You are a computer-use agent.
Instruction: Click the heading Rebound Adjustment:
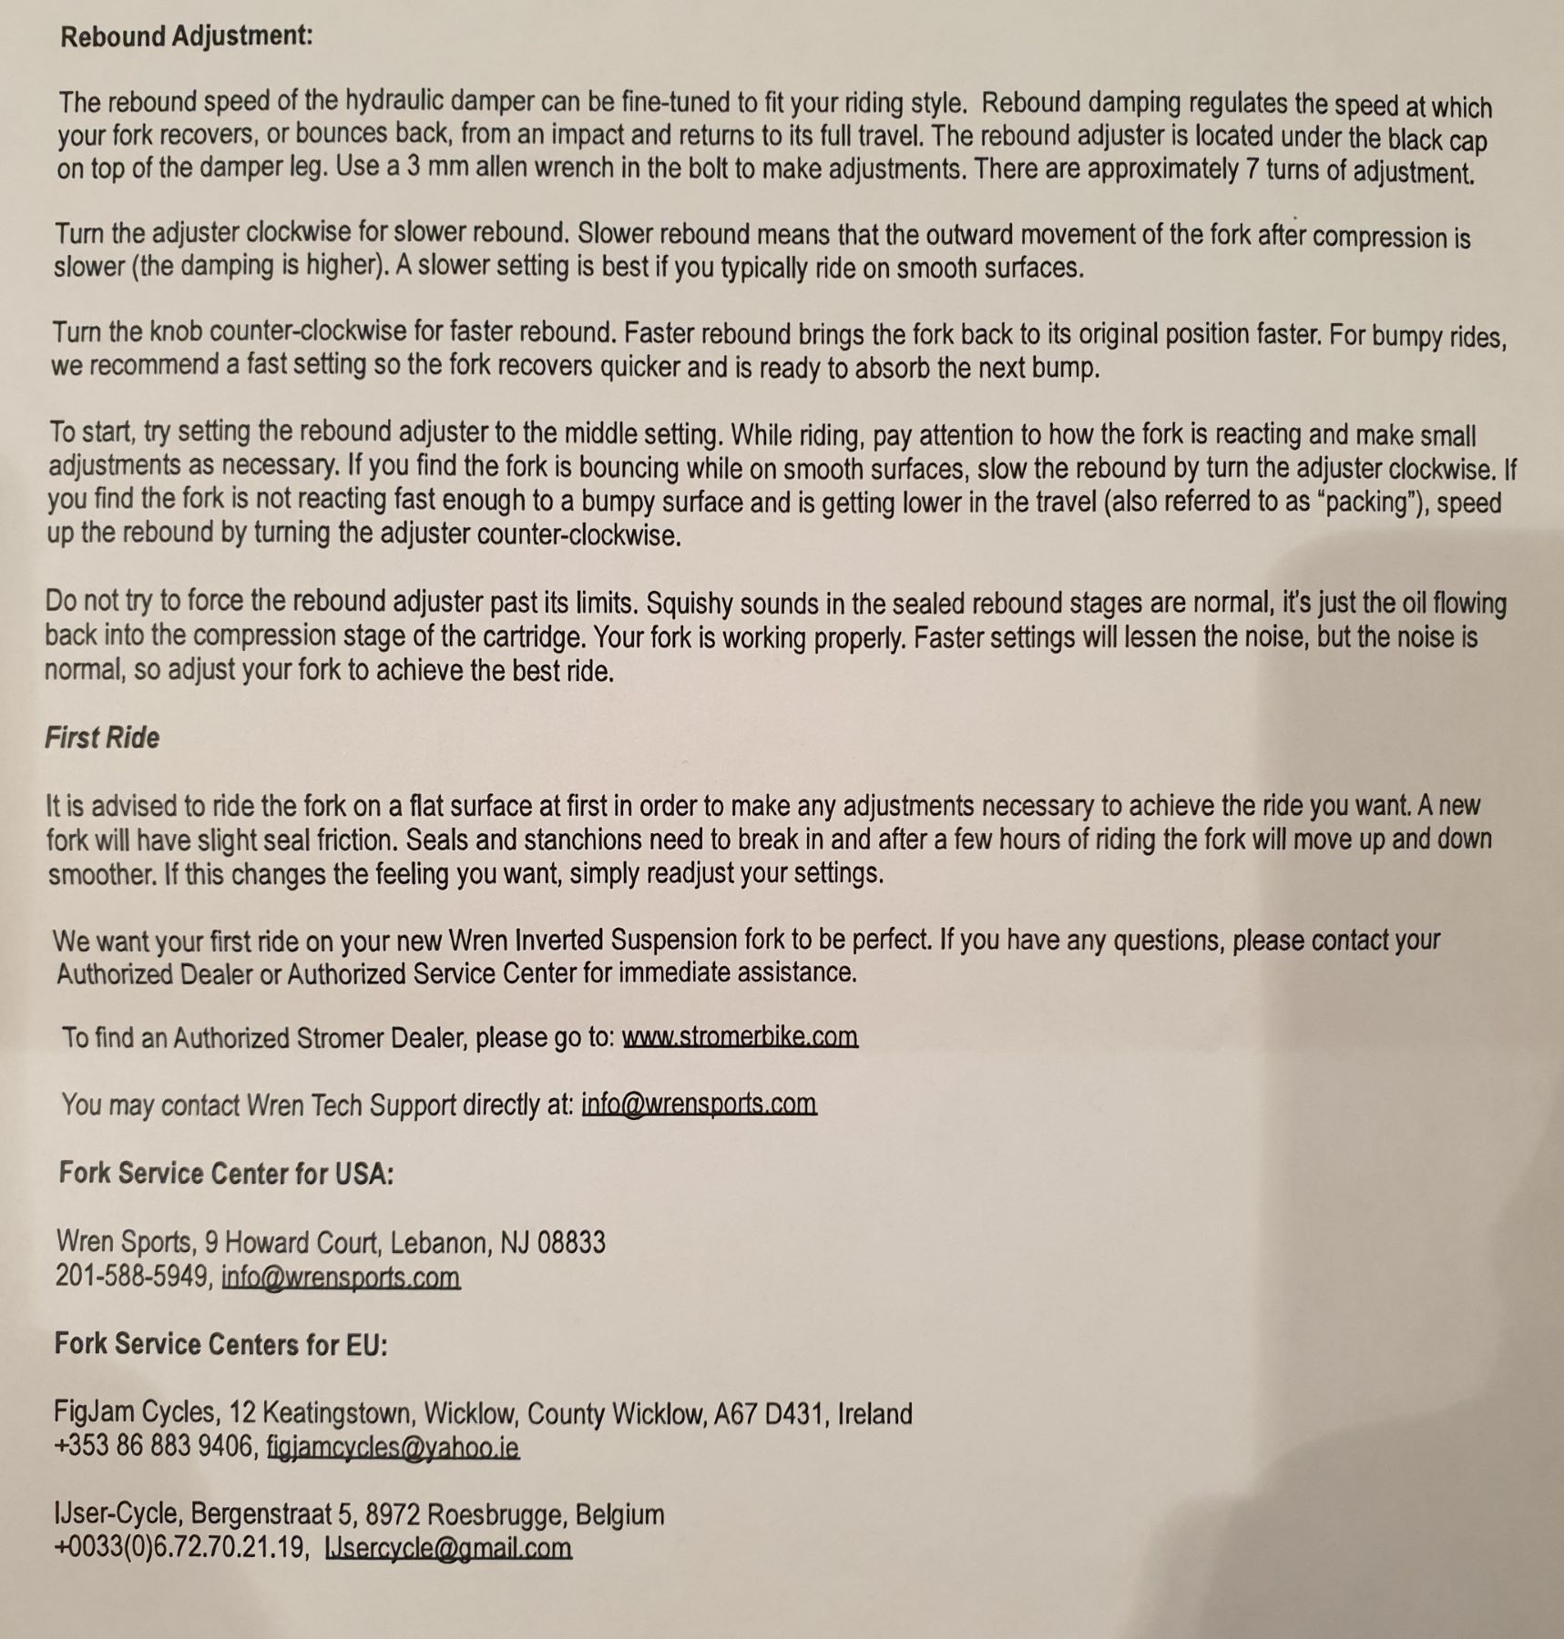(186, 36)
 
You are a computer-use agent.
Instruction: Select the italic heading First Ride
(102, 737)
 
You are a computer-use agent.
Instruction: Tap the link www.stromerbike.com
(740, 1037)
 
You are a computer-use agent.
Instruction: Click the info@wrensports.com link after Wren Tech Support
(699, 1105)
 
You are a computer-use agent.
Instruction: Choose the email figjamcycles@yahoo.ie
(393, 1447)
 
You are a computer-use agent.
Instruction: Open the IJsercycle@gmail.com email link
(448, 1548)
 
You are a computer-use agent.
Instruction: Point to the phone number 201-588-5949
(132, 1277)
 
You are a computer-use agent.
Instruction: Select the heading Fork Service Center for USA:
(226, 1173)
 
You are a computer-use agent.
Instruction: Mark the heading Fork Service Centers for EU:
(220, 1344)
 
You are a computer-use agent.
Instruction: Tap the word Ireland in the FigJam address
(874, 1414)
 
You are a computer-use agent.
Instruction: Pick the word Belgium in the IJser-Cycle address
(619, 1515)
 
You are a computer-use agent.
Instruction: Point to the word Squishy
(689, 603)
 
